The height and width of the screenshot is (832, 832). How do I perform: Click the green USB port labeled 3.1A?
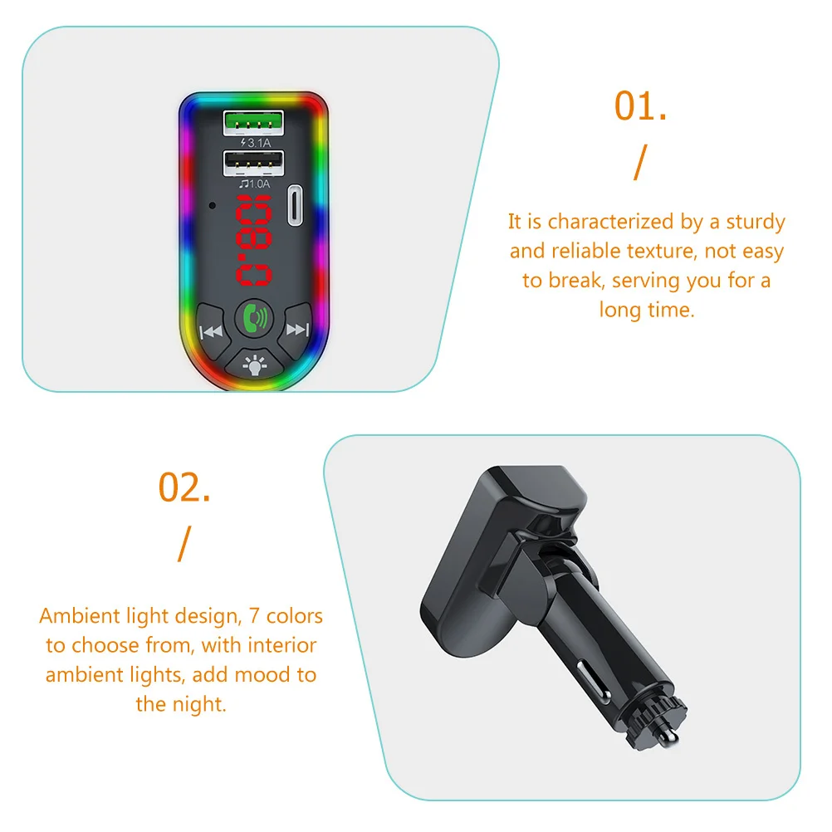click(253, 125)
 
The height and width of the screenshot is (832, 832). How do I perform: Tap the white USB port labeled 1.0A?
click(253, 164)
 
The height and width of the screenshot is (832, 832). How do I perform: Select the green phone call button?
click(253, 318)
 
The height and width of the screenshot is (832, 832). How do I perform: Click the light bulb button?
click(253, 363)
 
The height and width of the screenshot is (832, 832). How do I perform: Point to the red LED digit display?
click(253, 241)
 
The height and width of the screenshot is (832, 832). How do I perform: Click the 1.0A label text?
click(255, 184)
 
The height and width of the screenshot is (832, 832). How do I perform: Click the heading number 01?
click(640, 107)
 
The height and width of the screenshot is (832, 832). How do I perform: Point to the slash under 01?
click(638, 164)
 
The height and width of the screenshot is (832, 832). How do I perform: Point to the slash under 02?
click(184, 544)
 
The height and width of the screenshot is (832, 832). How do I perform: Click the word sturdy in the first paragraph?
click(755, 222)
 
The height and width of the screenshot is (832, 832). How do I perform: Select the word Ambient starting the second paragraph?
click(78, 616)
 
